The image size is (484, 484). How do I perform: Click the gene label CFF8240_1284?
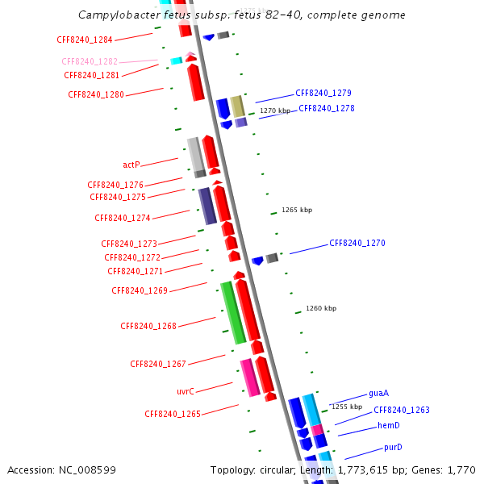(85, 40)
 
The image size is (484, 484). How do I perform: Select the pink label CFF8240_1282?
(90, 61)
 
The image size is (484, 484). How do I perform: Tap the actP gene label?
(131, 165)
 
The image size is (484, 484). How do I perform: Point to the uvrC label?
(186, 391)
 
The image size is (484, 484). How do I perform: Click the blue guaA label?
(379, 394)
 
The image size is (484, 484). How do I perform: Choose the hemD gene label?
(389, 426)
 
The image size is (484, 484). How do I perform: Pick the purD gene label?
(393, 448)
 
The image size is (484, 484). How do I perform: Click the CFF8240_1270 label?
(357, 243)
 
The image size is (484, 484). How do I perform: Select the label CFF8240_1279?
(323, 93)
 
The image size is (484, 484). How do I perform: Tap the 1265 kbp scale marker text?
(297, 210)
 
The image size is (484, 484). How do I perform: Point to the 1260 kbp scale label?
(321, 308)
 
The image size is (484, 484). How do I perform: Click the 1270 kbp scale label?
(274, 111)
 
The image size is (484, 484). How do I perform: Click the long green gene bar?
(233, 313)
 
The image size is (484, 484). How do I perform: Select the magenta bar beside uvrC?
(250, 378)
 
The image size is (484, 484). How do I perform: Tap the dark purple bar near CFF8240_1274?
(207, 206)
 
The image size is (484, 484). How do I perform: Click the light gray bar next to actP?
(195, 154)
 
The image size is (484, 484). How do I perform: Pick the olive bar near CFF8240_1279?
(237, 106)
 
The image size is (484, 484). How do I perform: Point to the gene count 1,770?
(461, 469)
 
